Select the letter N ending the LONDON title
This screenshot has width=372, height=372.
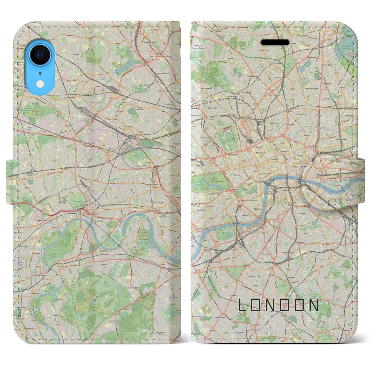[314, 305]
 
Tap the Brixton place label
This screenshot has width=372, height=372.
[272, 275]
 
